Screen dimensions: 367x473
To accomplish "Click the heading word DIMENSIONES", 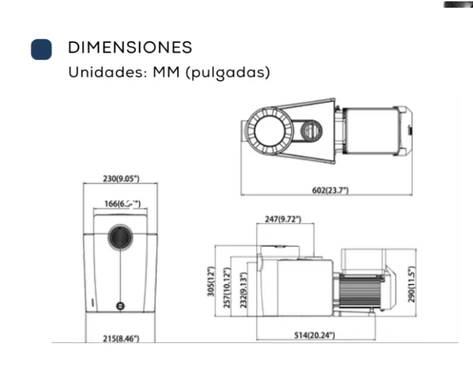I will pyautogui.click(x=130, y=48).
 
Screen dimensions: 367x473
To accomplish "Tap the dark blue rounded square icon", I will pyautogui.click(x=41, y=49).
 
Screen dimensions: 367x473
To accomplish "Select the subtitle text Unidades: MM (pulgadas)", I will pyautogui.click(x=169, y=72).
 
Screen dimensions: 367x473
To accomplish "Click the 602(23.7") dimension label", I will pyautogui.click(x=330, y=190).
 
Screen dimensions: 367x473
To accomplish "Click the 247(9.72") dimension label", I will pyautogui.click(x=283, y=219).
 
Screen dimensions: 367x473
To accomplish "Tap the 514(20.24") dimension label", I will pyautogui.click(x=314, y=335).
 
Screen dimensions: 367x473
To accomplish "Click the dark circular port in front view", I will pyautogui.click(x=121, y=237).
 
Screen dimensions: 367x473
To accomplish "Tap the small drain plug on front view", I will pyautogui.click(x=120, y=306).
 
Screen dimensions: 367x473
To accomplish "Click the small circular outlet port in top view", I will pyautogui.click(x=311, y=130).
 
